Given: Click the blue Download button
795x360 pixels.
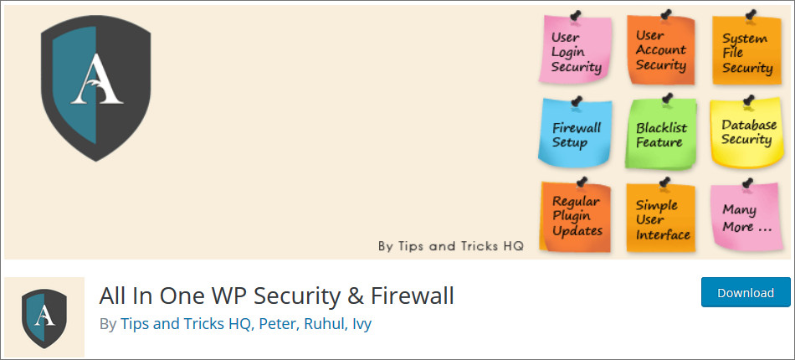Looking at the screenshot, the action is (x=746, y=292).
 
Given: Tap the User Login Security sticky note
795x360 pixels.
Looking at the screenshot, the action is (x=576, y=49).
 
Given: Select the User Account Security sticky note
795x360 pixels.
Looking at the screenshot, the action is (x=661, y=49).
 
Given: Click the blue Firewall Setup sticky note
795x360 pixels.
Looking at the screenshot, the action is (x=576, y=133).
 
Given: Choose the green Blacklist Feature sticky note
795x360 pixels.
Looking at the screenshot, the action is (x=661, y=134).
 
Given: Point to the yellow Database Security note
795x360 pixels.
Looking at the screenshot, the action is (x=746, y=133).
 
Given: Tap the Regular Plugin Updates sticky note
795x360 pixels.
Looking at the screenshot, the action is (x=576, y=217).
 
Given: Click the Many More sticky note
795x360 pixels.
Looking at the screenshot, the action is (x=746, y=217).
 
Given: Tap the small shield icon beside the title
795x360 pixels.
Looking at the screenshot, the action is (x=44, y=318).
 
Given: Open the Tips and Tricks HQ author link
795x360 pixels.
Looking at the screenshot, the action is (x=186, y=324).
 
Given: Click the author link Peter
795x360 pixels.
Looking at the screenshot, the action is (x=277, y=324).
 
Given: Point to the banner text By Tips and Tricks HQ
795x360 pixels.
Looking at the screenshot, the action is (x=451, y=246).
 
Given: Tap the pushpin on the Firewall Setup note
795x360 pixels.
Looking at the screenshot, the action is (x=576, y=101).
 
